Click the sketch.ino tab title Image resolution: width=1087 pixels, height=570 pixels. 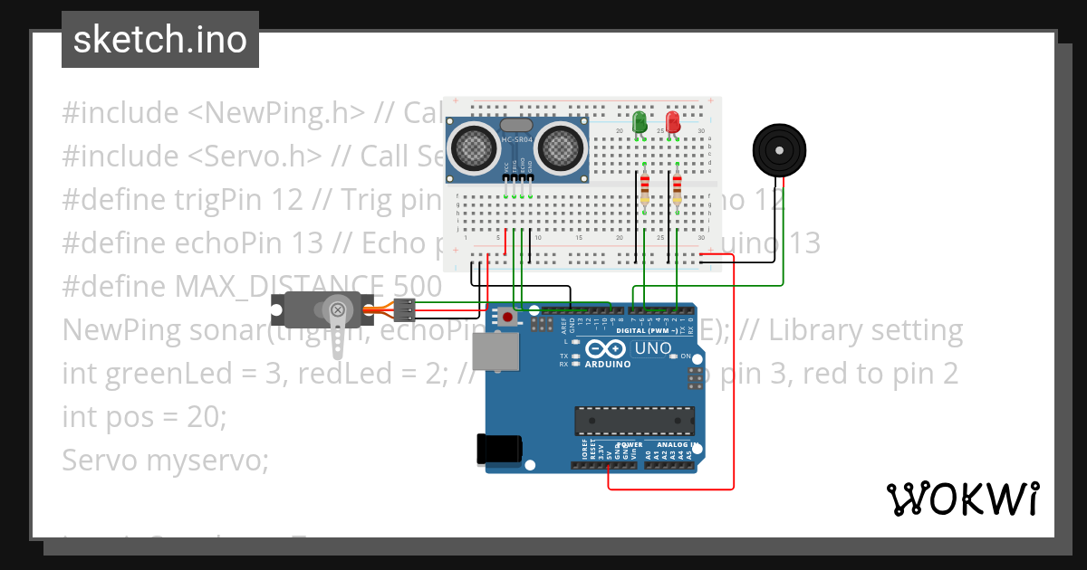pos(159,40)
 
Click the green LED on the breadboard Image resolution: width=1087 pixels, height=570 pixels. pos(640,122)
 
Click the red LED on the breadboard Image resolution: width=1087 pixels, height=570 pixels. pos(673,122)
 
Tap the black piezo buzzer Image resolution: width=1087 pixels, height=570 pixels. pos(779,150)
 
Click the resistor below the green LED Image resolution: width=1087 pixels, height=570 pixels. pos(645,189)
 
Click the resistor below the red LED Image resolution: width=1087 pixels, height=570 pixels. pos(677,189)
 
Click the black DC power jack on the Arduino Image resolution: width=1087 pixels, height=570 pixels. pos(499,450)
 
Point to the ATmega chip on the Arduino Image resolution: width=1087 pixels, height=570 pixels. pos(634,421)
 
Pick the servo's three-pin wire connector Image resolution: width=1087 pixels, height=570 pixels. pos(404,309)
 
